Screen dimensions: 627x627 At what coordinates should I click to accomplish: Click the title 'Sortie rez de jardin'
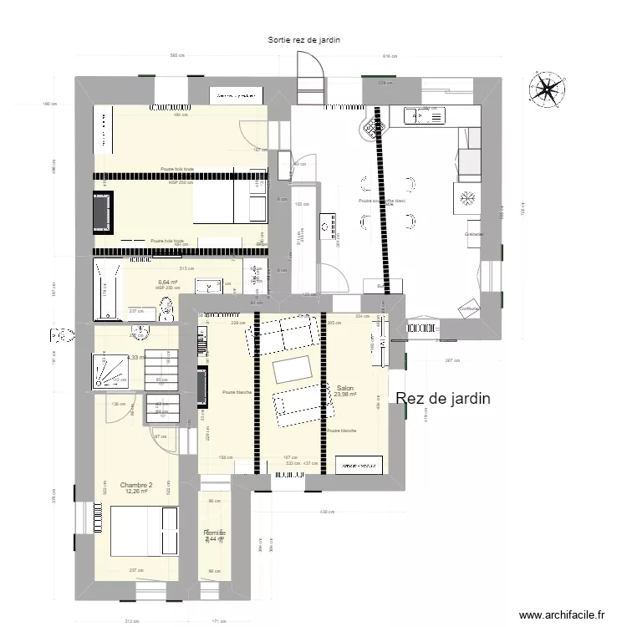(303, 39)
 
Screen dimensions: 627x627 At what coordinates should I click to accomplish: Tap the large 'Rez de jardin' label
(442, 400)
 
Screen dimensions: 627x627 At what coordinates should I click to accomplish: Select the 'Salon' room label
(345, 389)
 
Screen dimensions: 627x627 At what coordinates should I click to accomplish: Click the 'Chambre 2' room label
(135, 485)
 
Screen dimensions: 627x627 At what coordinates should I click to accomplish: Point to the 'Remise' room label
(214, 532)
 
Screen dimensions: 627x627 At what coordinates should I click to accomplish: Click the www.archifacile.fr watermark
(560, 614)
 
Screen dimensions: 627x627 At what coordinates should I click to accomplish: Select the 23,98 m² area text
(345, 396)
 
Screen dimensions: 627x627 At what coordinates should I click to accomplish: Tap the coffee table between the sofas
(293, 368)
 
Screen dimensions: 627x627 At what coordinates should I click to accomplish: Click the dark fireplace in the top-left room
(103, 211)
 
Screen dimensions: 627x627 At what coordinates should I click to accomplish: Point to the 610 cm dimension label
(389, 57)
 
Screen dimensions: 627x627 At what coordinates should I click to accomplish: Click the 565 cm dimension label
(176, 57)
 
